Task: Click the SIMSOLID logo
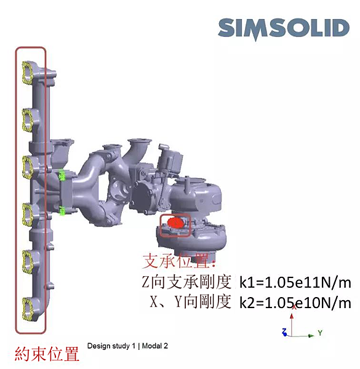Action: (284, 29)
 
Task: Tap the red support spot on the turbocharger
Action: (175, 223)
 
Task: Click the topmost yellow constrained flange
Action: (27, 73)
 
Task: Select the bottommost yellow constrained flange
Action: (27, 309)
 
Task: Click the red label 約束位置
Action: (47, 354)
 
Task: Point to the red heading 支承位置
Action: (179, 261)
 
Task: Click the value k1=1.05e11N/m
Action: (295, 283)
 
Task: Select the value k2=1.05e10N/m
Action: (295, 303)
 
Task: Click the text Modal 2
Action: (155, 346)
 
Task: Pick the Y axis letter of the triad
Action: (320, 333)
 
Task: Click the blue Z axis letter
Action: (285, 332)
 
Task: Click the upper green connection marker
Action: (62, 175)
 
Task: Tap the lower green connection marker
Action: (62, 210)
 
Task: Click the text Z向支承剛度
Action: (186, 282)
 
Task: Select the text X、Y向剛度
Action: (191, 302)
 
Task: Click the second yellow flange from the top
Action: (27, 120)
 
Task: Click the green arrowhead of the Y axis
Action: (311, 336)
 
